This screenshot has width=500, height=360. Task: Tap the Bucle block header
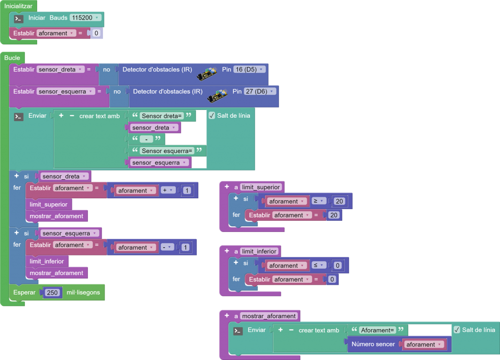[x=12, y=58]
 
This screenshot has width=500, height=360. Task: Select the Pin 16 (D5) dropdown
[x=249, y=69]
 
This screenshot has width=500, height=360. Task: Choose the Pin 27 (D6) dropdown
[x=260, y=91]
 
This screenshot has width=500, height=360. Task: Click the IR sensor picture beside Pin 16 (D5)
[x=207, y=73]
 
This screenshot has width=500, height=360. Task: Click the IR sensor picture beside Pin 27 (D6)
[x=217, y=95]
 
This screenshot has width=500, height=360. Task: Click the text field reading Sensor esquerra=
[x=167, y=150]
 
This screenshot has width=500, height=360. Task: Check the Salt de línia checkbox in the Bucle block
[x=212, y=116]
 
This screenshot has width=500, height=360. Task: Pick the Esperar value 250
[x=52, y=293]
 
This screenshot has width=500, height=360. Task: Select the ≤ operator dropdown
[x=318, y=265]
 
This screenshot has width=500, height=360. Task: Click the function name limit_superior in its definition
[x=261, y=187]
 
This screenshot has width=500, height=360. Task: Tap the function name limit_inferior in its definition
[x=260, y=251]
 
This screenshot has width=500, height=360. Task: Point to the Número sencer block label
[x=373, y=344]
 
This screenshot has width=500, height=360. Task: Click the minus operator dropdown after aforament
[x=167, y=247]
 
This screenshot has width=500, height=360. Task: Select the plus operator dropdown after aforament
[x=168, y=191]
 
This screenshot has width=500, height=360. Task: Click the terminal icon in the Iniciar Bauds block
[x=19, y=19]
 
